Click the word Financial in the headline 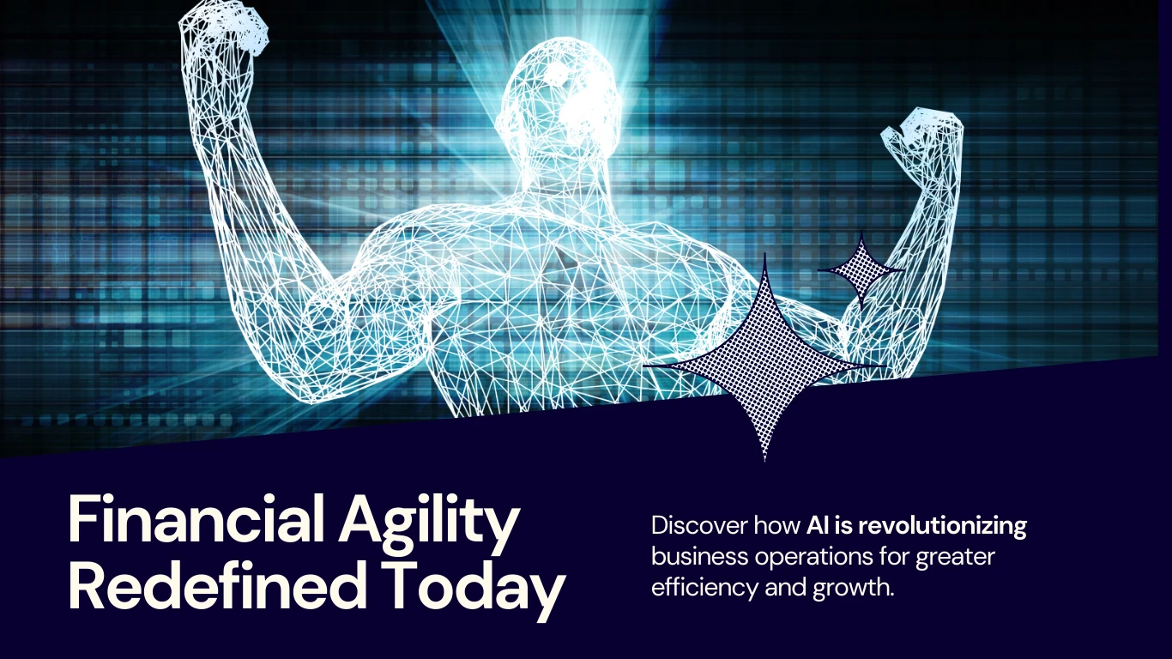[196, 519]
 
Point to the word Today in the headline [473, 589]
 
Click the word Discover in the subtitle [699, 525]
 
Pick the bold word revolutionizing [942, 527]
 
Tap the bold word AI [818, 525]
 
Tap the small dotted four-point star [861, 270]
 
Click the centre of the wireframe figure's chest [539, 272]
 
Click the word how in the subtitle [777, 525]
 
